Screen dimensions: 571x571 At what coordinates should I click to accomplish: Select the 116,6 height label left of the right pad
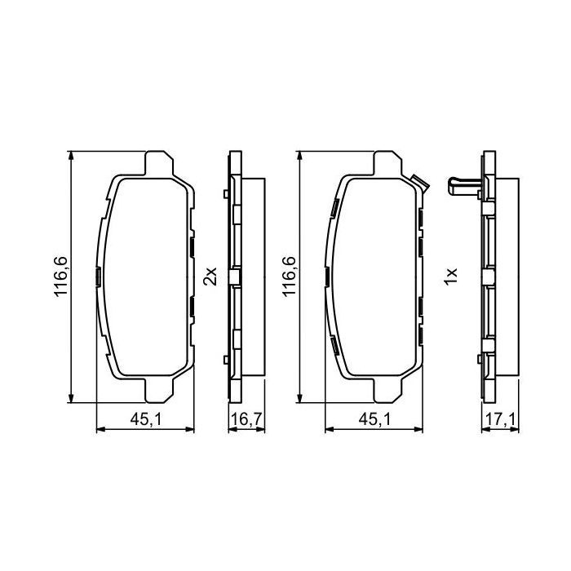290,278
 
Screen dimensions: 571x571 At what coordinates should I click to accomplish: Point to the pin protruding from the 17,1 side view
463,185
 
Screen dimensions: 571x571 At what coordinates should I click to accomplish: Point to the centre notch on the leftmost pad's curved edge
98,277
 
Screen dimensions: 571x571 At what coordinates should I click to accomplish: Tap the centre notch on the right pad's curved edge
327,277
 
